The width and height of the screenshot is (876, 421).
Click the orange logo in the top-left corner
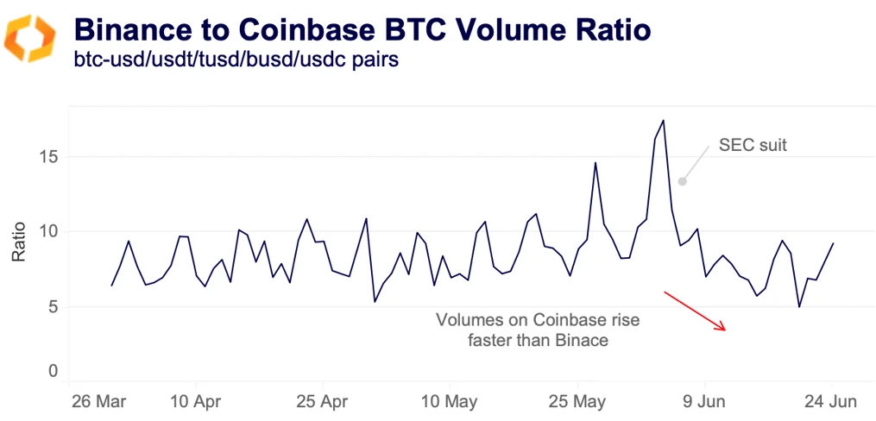click(x=30, y=39)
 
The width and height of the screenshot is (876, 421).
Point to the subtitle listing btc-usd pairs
click(x=236, y=62)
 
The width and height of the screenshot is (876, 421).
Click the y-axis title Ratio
click(x=18, y=242)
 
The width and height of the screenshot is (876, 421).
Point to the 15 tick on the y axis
click(x=48, y=157)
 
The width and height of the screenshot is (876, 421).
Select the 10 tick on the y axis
click(x=48, y=231)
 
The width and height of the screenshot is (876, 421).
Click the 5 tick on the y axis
click(x=53, y=306)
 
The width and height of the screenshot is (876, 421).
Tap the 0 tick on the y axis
click(x=53, y=371)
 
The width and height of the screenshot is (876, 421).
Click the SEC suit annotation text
click(x=753, y=146)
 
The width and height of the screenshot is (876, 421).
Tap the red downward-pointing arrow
click(x=696, y=311)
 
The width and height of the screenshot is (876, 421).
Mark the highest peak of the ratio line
click(x=663, y=121)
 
